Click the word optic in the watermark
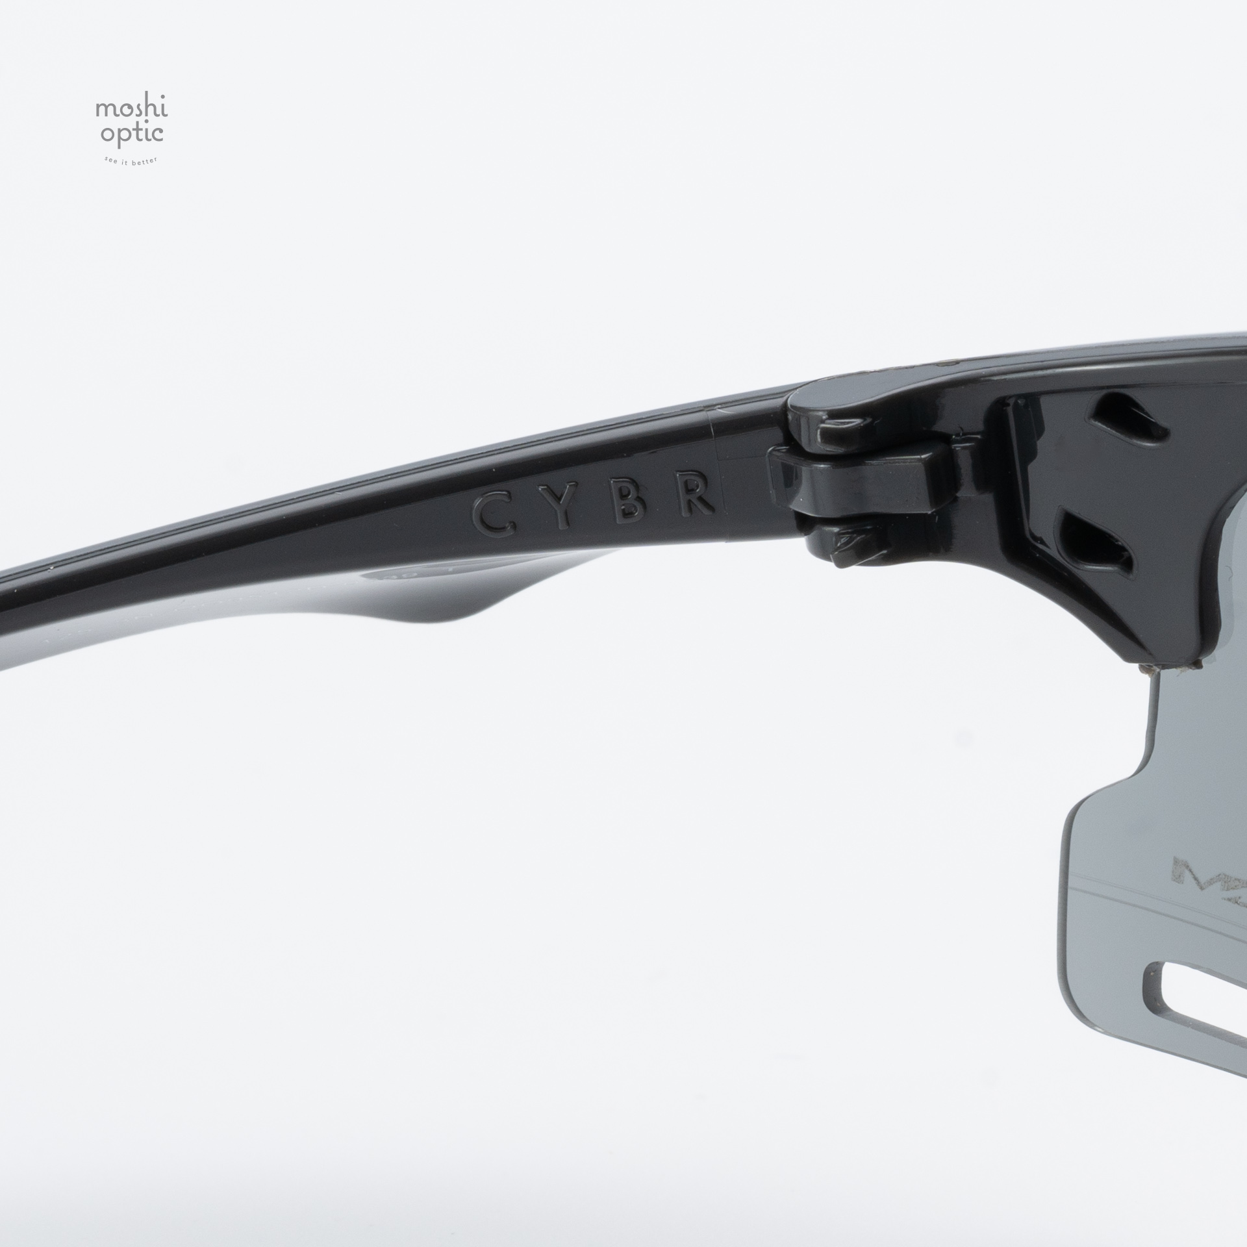tap(131, 136)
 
